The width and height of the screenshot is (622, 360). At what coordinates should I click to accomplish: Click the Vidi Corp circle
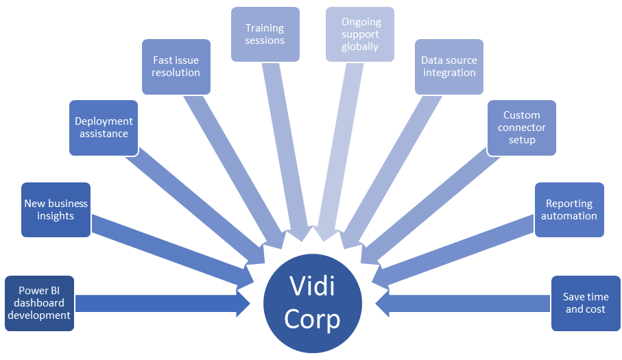(313, 302)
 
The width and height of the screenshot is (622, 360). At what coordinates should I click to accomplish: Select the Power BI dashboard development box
(39, 303)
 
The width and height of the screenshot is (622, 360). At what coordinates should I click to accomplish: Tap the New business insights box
(56, 209)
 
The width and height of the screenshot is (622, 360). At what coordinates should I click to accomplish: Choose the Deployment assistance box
(104, 128)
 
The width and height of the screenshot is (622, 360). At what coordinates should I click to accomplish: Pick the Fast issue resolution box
(176, 67)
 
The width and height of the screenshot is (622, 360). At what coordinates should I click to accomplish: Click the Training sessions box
(265, 34)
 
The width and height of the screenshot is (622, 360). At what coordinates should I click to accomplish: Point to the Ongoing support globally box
(360, 34)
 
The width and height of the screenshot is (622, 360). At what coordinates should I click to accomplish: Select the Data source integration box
(449, 67)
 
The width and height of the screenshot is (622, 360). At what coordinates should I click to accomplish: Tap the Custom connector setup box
(522, 128)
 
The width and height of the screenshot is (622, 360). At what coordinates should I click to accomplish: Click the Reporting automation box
(569, 209)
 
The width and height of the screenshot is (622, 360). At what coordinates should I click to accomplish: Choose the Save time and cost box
(585, 303)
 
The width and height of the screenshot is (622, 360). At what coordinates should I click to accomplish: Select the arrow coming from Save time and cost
(466, 303)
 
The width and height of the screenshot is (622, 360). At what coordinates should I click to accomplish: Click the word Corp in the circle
(313, 320)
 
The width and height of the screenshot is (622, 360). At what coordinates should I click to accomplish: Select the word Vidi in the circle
(313, 285)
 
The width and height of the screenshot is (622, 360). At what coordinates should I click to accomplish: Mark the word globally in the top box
(360, 47)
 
